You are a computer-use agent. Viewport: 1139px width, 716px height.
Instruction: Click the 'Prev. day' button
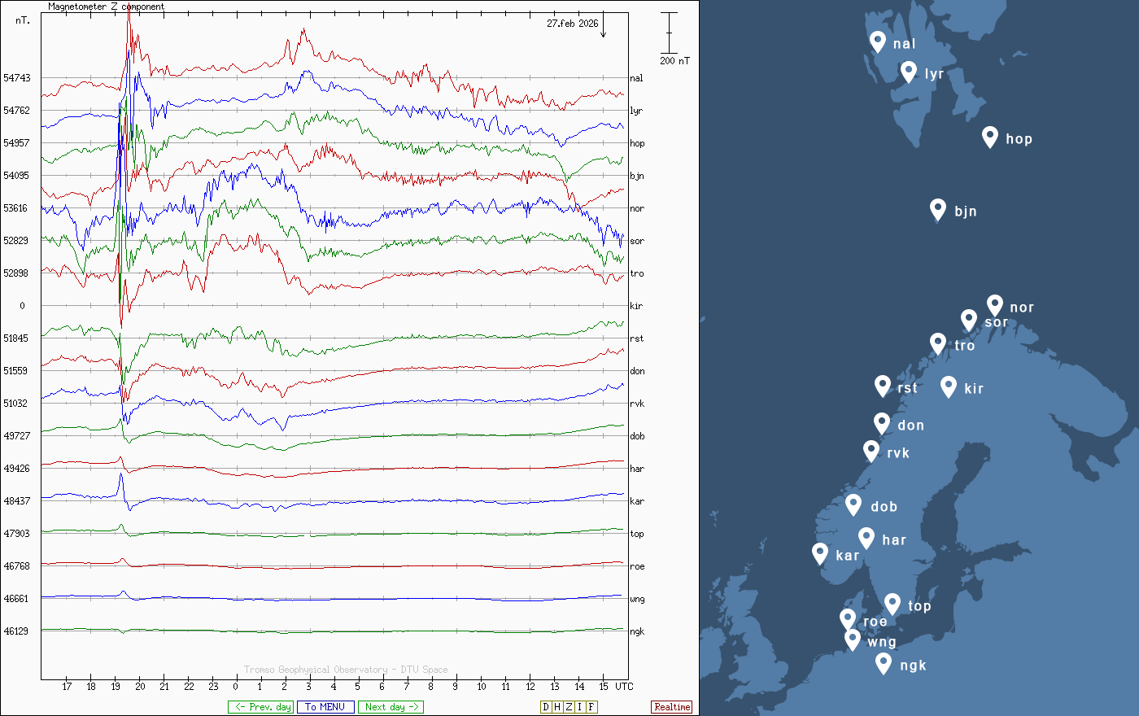[260, 707]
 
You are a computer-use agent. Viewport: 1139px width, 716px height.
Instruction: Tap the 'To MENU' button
[325, 707]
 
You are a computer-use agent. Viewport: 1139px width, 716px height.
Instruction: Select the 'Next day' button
[391, 707]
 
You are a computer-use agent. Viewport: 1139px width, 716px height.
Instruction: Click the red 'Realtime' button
[672, 707]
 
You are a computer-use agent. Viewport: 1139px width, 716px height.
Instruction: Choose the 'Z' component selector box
[569, 707]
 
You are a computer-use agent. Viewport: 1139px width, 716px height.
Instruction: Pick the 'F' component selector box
[591, 707]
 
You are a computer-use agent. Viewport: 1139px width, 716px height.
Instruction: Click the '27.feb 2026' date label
[572, 24]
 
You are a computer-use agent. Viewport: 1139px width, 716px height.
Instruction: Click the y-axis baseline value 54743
[16, 78]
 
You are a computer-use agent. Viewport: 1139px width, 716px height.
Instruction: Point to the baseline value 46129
[16, 631]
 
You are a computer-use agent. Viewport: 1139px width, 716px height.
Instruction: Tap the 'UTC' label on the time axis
[624, 687]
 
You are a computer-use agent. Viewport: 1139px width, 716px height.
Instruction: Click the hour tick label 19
[116, 687]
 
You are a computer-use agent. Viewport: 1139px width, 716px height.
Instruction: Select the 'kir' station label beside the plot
[636, 306]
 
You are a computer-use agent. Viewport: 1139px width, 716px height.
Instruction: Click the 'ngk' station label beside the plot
[637, 631]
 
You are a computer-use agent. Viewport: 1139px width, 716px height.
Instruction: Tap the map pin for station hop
[989, 136]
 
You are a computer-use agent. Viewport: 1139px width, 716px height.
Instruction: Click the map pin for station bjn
[938, 209]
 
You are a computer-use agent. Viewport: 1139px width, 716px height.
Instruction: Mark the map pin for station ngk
[884, 663]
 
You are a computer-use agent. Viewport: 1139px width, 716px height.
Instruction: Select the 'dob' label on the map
[884, 507]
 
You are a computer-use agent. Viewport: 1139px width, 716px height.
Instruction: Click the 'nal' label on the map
[904, 44]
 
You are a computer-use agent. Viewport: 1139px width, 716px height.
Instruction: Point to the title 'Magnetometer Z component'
[106, 7]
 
